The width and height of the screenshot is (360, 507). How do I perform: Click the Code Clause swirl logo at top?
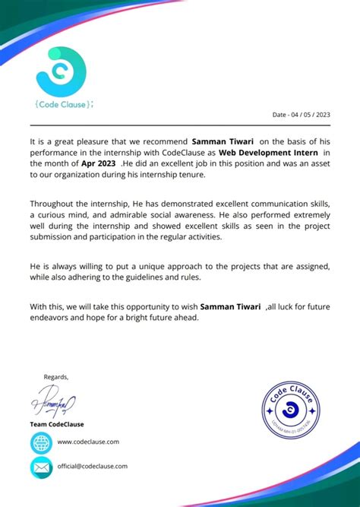point(61,71)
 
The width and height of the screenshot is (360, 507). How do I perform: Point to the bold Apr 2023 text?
point(99,163)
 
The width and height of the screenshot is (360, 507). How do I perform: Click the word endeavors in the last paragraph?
point(54,318)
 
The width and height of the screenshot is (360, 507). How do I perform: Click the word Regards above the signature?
point(55,377)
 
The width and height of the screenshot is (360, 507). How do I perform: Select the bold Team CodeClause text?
point(57,424)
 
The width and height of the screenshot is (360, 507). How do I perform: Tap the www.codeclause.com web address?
point(87,442)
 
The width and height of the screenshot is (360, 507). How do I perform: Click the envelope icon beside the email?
point(41,467)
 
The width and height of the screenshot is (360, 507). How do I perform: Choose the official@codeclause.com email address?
point(92,466)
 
